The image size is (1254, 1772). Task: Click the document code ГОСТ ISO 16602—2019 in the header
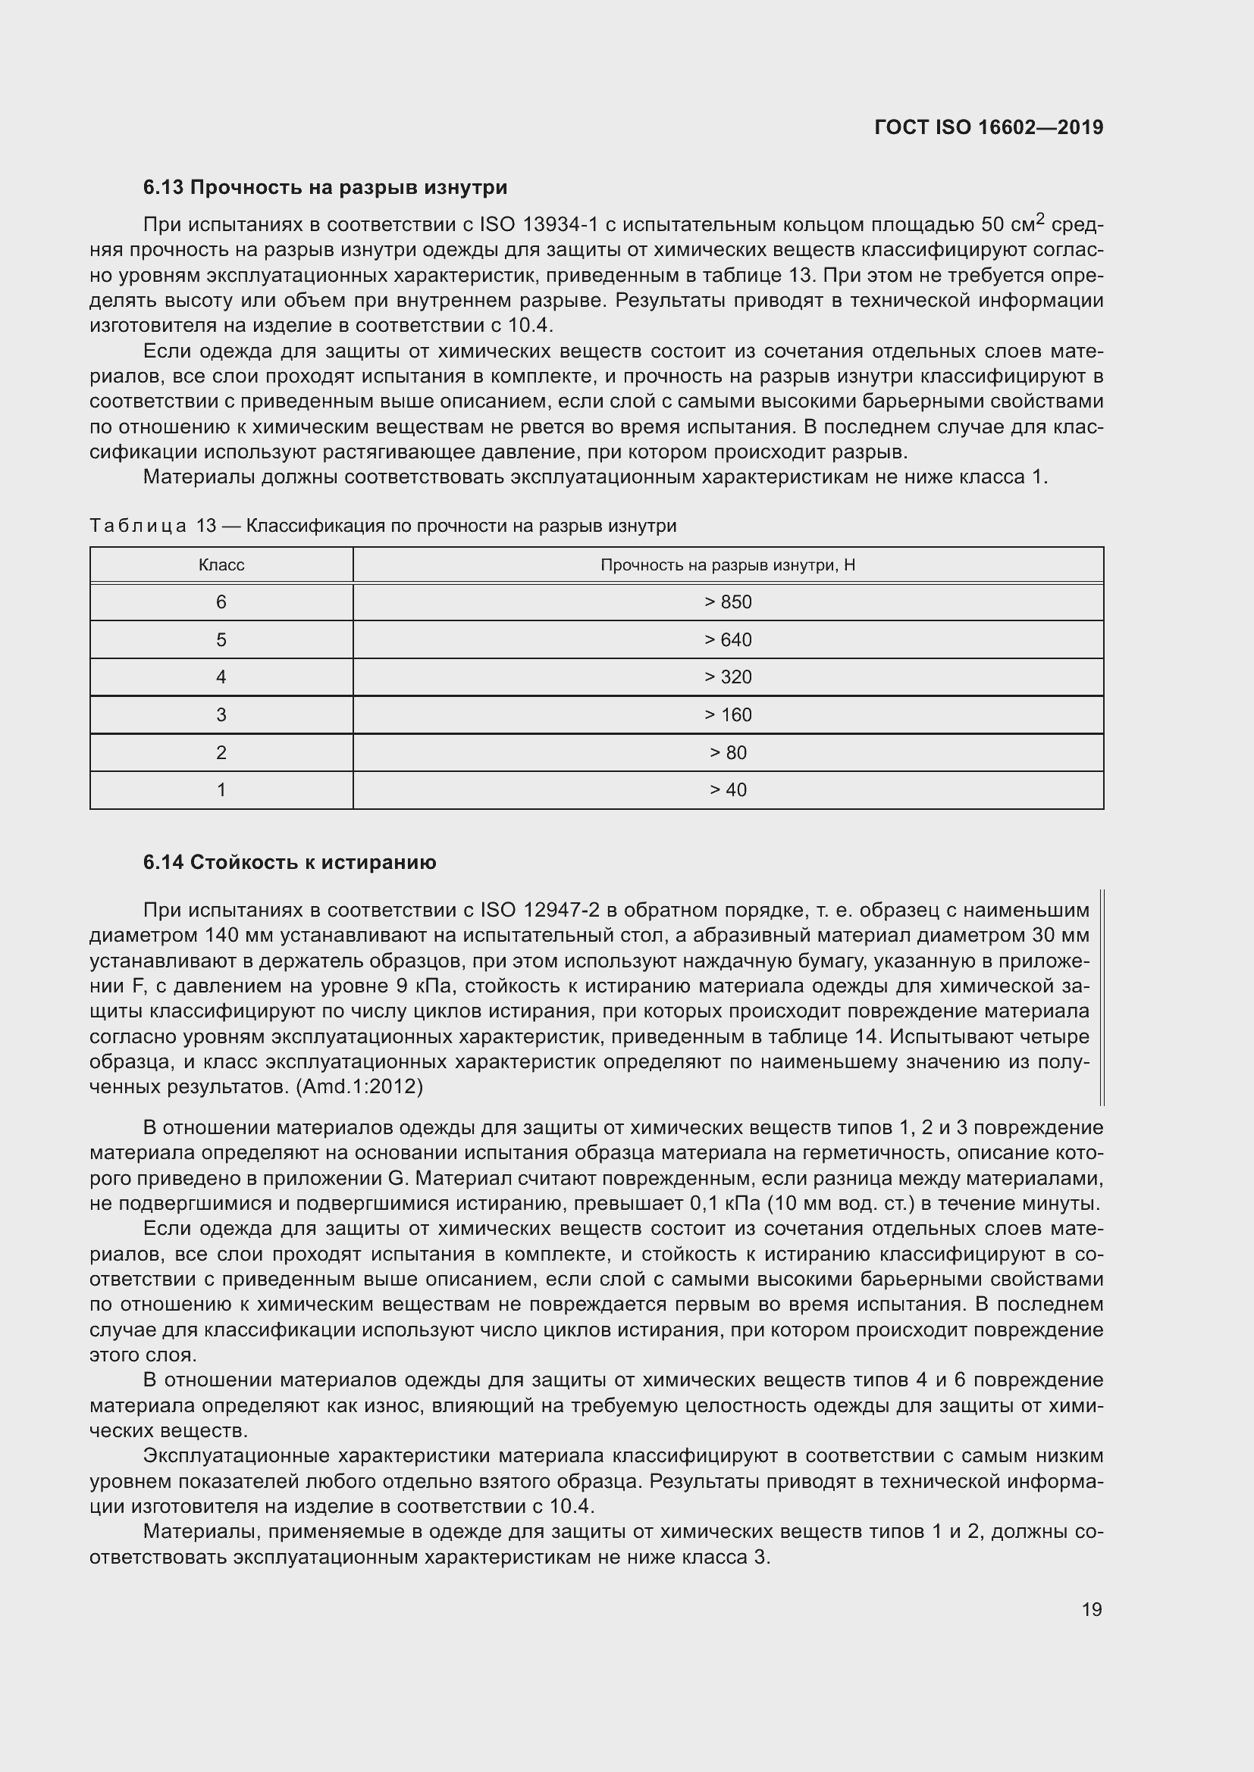[x=989, y=127]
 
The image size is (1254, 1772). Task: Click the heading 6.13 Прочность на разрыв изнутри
[x=325, y=188]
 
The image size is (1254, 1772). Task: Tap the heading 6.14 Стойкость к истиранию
[x=290, y=862]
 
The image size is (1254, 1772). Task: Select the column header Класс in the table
[x=221, y=565]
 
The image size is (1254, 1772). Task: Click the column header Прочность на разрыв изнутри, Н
[x=727, y=565]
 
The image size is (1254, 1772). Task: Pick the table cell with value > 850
[x=727, y=602]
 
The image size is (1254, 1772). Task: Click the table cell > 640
[x=727, y=640]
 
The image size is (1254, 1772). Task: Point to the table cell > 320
[x=727, y=677]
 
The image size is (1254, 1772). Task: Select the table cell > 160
[x=727, y=714]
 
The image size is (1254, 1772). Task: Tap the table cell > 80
[x=727, y=752]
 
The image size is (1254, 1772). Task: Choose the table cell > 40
[x=727, y=789]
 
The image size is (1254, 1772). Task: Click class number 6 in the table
[x=221, y=602]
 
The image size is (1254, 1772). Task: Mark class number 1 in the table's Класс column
[x=221, y=789]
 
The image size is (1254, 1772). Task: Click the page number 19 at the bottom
[x=1091, y=1609]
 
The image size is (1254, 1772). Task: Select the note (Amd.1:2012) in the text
[x=360, y=1086]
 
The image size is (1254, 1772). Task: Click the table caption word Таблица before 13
[x=138, y=527]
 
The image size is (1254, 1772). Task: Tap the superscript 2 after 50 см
[x=1039, y=219]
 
